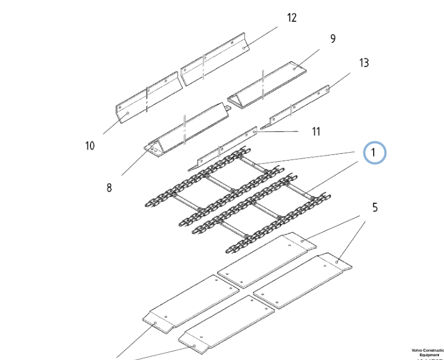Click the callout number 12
[292, 17]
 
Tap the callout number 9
[333, 39]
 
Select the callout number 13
[364, 62]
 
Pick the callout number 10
[90, 146]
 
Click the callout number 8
[109, 188]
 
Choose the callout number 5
[374, 207]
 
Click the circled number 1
[375, 152]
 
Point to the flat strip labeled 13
[298, 104]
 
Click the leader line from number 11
[278, 132]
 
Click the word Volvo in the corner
[418, 350]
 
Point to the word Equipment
[429, 355]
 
